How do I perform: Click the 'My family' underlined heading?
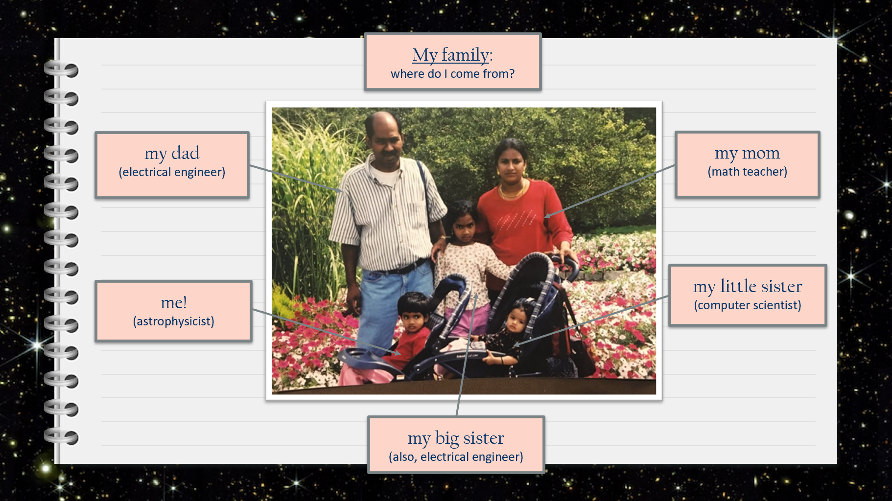[450, 55]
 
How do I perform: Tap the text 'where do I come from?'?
[452, 74]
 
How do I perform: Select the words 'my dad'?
[172, 153]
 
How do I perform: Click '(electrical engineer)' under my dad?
[172, 172]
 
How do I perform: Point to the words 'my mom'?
[747, 153]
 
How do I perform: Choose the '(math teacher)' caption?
[747, 172]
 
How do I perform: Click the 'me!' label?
[174, 302]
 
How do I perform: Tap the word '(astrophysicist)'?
[174, 321]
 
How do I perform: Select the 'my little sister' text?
[747, 286]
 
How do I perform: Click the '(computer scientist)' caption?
[747, 305]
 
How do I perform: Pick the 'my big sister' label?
[456, 438]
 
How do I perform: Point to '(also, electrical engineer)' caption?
[456, 457]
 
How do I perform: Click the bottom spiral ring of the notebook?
[61, 436]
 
